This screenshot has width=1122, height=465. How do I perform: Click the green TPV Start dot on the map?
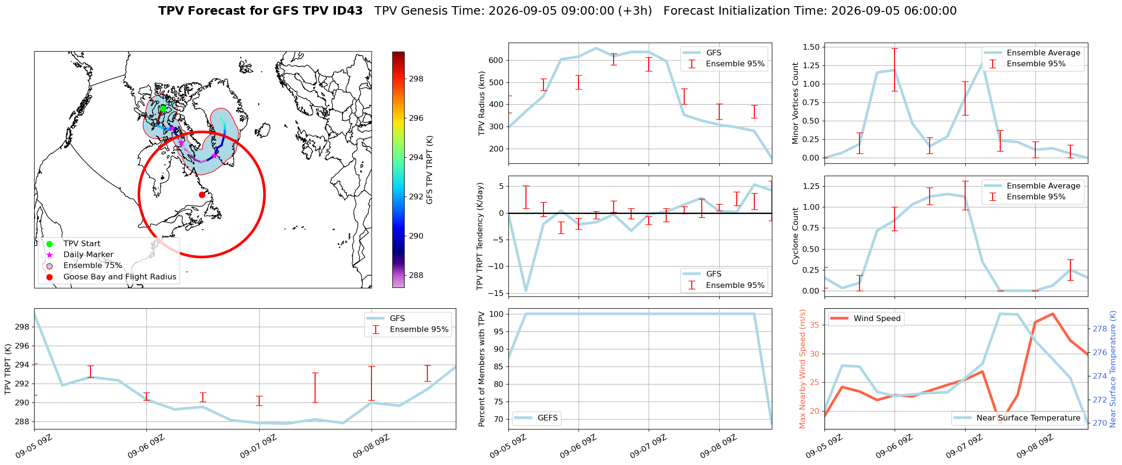pos(163,108)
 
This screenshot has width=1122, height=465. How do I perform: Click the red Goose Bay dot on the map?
pos(202,195)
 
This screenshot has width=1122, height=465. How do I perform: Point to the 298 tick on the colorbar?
pos(416,79)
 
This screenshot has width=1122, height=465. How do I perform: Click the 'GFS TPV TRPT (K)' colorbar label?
pos(430,170)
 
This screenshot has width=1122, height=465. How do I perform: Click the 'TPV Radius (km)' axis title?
pos(482,103)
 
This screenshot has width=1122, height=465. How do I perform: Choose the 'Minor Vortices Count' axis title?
pos(795,103)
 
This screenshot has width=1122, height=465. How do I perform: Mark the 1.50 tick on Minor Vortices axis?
pos(811,47)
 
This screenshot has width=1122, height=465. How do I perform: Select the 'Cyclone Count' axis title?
pos(795,236)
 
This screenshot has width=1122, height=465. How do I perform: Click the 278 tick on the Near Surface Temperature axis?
pos(1100,329)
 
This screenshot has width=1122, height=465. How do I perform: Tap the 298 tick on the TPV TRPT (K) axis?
pos(23,327)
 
